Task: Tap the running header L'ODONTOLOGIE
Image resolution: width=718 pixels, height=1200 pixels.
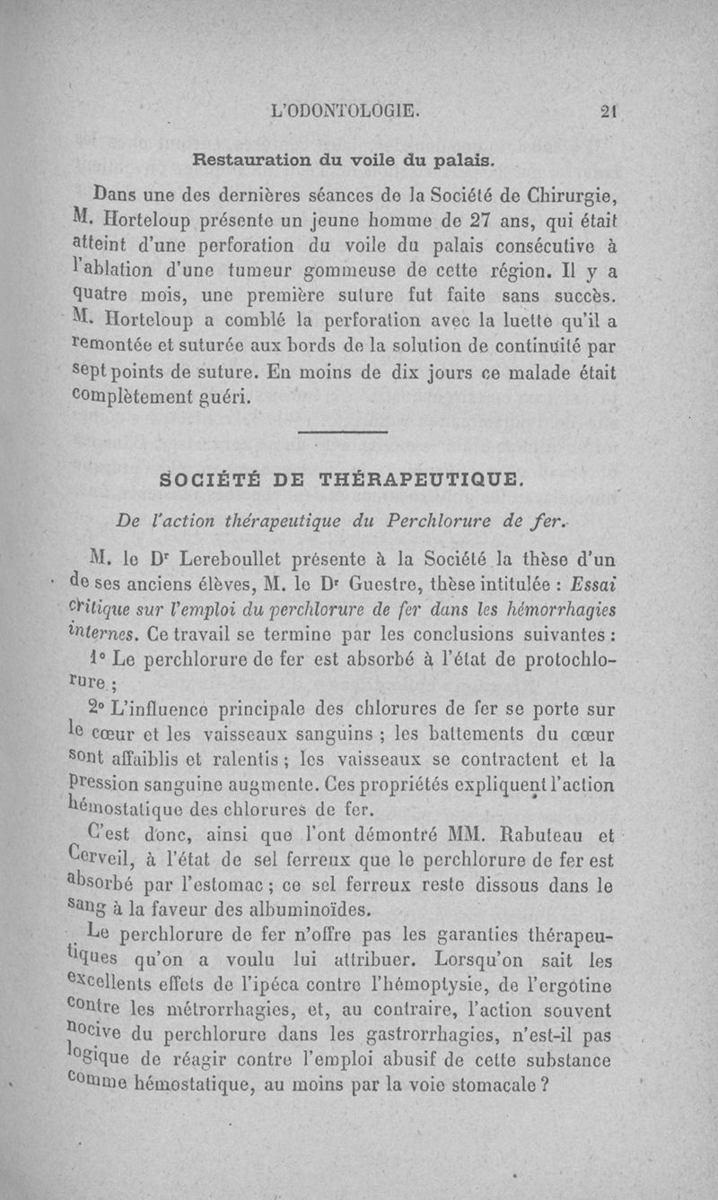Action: click(346, 113)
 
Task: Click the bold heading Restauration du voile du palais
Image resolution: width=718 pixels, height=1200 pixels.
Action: click(357, 161)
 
